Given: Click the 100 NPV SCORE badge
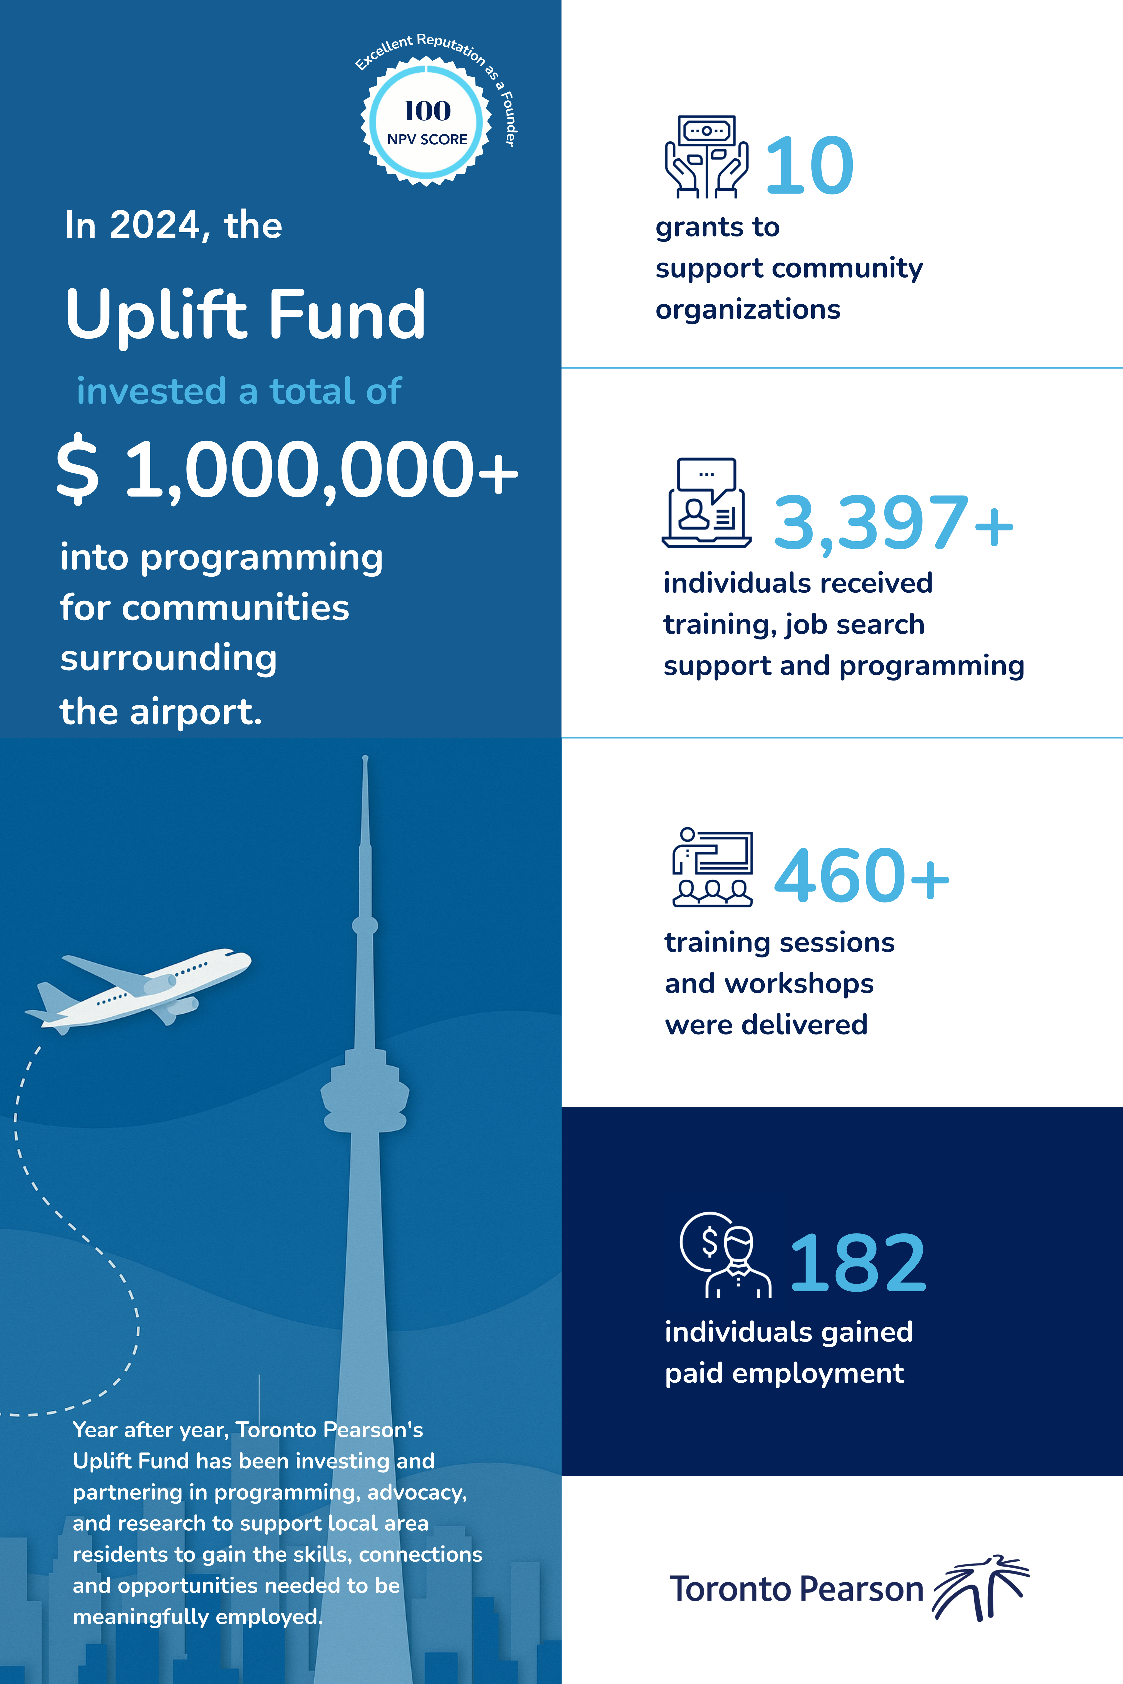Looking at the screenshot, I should (x=427, y=122).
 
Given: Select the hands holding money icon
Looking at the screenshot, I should (x=706, y=157).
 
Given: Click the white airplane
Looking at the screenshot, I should (x=143, y=988).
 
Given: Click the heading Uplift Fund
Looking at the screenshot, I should (x=246, y=315).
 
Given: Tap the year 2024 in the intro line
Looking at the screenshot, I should (x=155, y=226).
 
